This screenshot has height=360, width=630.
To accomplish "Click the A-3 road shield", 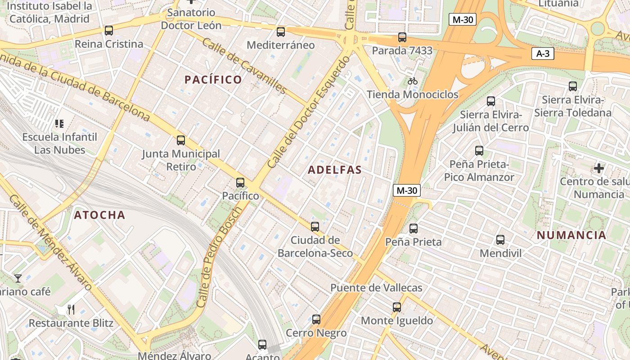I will click(543, 54).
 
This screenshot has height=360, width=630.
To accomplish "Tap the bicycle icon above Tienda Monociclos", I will click(412, 81).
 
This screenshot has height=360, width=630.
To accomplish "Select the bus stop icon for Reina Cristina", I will click(109, 31).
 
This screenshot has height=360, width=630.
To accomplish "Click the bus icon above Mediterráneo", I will click(281, 31).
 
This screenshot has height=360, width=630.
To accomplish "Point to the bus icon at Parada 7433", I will click(402, 37).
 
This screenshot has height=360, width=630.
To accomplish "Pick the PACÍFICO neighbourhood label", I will click(213, 80).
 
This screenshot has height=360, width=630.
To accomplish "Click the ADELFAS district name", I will click(335, 170).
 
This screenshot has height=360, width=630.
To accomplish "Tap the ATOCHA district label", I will click(99, 215).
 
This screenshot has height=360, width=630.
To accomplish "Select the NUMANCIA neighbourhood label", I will click(571, 235).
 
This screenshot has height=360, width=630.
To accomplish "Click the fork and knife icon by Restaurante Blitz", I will click(71, 310).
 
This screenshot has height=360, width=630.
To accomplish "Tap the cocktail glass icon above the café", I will click(18, 278).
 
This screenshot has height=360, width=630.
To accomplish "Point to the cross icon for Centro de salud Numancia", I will click(598, 168).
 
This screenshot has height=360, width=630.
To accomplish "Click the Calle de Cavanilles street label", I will click(244, 66).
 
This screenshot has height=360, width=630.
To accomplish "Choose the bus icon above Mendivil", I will click(500, 239).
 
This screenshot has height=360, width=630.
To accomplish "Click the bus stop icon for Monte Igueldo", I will click(396, 307).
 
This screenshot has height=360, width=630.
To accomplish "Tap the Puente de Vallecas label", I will click(376, 288).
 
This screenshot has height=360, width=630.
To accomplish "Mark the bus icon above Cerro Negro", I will click(316, 319).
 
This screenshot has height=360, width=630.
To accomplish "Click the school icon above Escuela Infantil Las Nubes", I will click(59, 123).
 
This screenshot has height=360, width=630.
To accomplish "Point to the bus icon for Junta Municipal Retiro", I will click(181, 140).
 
